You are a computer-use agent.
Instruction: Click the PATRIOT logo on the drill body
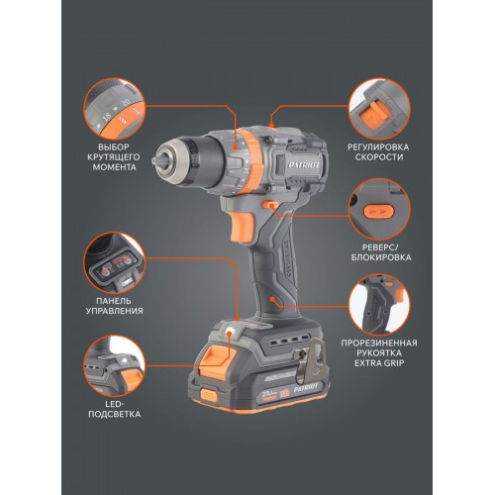coord(304,165)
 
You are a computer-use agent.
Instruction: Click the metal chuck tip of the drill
coord(160,160)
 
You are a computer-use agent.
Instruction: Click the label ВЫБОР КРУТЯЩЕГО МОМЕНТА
coord(114,156)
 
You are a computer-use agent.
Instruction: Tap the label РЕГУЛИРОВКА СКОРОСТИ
coord(379,151)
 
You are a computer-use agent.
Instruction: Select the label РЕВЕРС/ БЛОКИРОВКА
coord(381,252)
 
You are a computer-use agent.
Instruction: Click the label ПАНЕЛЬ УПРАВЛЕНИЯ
coord(114,306)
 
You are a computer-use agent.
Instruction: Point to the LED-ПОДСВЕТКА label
coord(114,409)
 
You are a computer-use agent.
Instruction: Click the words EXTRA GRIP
coord(379,363)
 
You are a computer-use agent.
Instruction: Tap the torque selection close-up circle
coord(114,108)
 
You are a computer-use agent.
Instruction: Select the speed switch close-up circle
coord(379,108)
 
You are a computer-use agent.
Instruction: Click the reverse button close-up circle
coord(379,209)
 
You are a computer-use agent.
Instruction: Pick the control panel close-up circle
coord(114,262)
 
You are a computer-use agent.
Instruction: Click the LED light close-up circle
coord(114,365)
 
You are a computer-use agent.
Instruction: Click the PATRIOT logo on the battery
coord(306,387)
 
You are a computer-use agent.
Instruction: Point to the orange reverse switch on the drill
coord(269,205)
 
